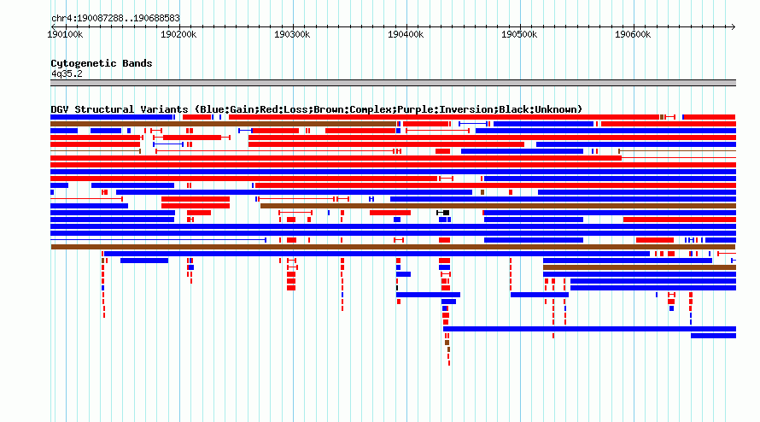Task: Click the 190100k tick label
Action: pyautogui.click(x=65, y=34)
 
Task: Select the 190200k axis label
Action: pyautogui.click(x=178, y=34)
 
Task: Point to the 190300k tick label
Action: pyautogui.click(x=292, y=34)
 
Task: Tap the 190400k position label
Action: pyautogui.click(x=406, y=34)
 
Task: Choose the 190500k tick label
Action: pyautogui.click(x=519, y=34)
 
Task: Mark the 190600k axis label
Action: pyautogui.click(x=633, y=34)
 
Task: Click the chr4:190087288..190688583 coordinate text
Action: pyautogui.click(x=115, y=19)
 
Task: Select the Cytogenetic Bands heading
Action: pyautogui.click(x=102, y=63)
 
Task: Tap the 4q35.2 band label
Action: pyautogui.click(x=67, y=73)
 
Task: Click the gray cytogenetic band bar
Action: pyautogui.click(x=393, y=83)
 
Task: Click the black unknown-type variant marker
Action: pyautogui.click(x=446, y=213)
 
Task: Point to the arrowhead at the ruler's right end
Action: pyautogui.click(x=734, y=27)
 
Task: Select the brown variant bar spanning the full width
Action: pyautogui.click(x=393, y=247)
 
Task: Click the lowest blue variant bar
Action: pyautogui.click(x=714, y=336)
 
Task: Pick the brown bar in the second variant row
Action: pyautogui.click(x=224, y=124)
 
